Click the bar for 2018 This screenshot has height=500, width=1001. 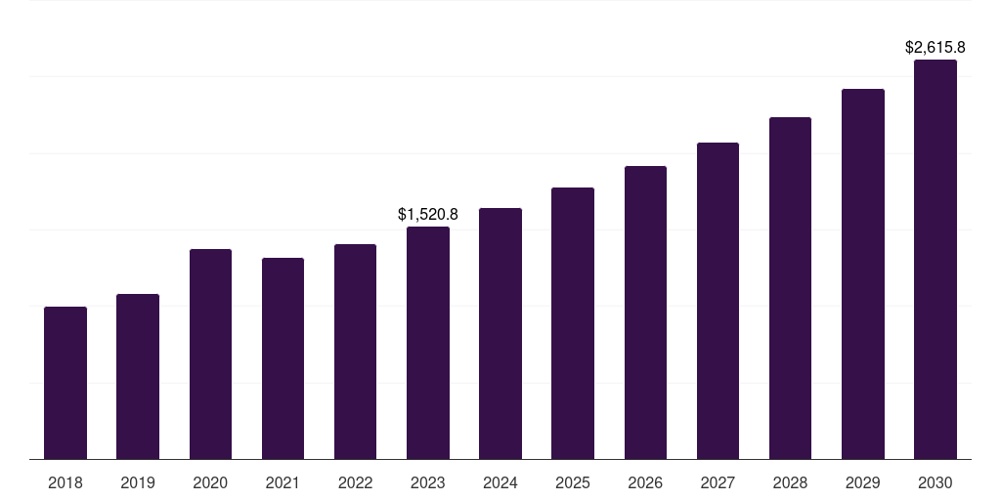[65, 383]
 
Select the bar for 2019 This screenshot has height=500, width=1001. [138, 376]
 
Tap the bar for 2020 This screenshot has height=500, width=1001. [210, 354]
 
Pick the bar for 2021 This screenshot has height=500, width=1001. [283, 358]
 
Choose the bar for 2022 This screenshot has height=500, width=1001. [355, 352]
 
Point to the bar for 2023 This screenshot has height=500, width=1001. [428, 343]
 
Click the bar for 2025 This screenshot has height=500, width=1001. [573, 323]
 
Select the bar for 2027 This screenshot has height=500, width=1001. [718, 301]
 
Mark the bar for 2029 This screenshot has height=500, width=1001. [862, 273]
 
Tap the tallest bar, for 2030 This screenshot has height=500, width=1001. [935, 259]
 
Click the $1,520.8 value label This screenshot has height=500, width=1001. [428, 214]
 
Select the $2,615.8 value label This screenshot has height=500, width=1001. [935, 47]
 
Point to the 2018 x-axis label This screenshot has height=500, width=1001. [65, 482]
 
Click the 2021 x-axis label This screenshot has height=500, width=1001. [283, 482]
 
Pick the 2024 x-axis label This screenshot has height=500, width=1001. [500, 482]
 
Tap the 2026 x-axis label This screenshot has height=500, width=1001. [645, 482]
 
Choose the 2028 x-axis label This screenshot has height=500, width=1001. [790, 482]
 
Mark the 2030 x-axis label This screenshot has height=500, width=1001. [935, 482]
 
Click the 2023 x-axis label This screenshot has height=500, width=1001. [428, 482]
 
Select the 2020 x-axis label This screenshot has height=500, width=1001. [210, 482]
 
